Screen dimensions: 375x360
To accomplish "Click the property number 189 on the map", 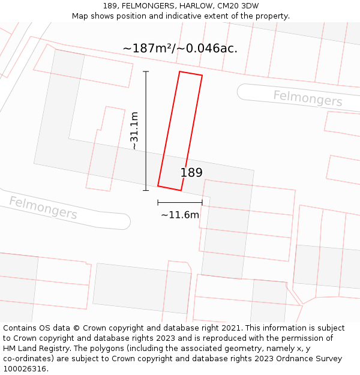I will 191,173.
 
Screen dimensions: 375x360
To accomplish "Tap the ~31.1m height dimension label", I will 134,131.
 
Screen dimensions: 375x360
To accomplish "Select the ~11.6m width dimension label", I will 179,215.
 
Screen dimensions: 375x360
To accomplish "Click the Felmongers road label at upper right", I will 308,98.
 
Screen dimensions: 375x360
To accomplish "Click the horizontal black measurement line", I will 179,203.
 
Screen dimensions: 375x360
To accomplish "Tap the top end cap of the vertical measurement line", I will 146,71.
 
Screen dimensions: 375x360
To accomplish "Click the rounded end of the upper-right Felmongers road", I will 242,92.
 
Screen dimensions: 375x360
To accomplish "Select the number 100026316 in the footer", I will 25,369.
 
